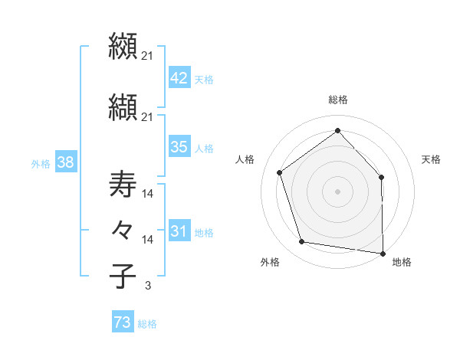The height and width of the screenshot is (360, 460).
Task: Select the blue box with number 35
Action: click(179, 147)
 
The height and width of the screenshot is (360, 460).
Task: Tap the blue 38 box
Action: click(65, 162)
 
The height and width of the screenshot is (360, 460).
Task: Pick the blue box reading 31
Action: click(179, 231)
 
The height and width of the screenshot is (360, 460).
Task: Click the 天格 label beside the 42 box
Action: click(204, 79)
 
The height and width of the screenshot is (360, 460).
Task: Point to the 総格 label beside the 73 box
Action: click(147, 324)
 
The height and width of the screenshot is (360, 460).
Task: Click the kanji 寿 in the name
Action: click(123, 186)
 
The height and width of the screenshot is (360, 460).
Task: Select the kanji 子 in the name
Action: click(123, 276)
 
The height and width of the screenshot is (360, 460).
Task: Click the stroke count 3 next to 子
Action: click(147, 286)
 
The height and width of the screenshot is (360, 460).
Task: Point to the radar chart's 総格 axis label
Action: click(337, 100)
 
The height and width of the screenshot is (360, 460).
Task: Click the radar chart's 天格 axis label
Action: click(431, 159)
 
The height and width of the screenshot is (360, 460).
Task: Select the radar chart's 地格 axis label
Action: click(402, 262)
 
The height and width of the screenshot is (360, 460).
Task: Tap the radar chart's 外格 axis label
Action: click(270, 262)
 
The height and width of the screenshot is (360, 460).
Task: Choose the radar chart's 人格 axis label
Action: click(245, 159)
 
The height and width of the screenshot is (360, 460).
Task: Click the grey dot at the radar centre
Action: click(337, 191)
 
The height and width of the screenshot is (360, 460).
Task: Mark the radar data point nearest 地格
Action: click(383, 253)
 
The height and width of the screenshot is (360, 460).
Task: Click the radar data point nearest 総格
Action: click(337, 130)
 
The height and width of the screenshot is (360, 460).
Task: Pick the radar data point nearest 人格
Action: click(280, 172)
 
